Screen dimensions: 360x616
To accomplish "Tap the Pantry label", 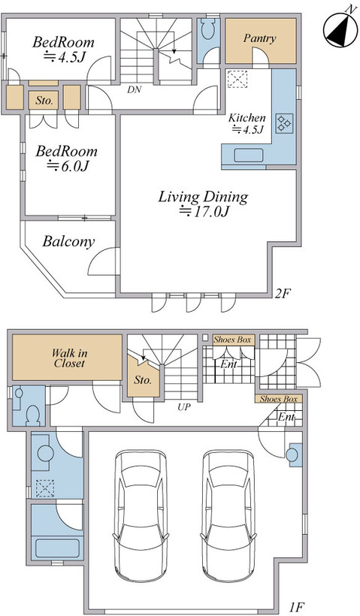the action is (259, 38).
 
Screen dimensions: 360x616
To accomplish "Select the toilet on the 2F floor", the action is (207, 28).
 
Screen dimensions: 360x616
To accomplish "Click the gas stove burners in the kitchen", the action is (284, 124).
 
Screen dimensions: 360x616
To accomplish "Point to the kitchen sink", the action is (248, 156).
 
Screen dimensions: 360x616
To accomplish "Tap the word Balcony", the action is (68, 241).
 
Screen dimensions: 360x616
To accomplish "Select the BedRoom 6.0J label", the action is (66, 159).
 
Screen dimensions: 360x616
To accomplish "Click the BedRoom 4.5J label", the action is (63, 49).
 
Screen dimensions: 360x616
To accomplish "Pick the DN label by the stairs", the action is (134, 89).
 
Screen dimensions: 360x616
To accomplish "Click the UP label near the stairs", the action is (183, 407).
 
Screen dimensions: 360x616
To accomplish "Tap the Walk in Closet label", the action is (70, 358).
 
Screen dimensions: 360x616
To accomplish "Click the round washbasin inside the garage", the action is (292, 455).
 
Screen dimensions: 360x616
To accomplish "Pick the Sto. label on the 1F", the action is (143, 380).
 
